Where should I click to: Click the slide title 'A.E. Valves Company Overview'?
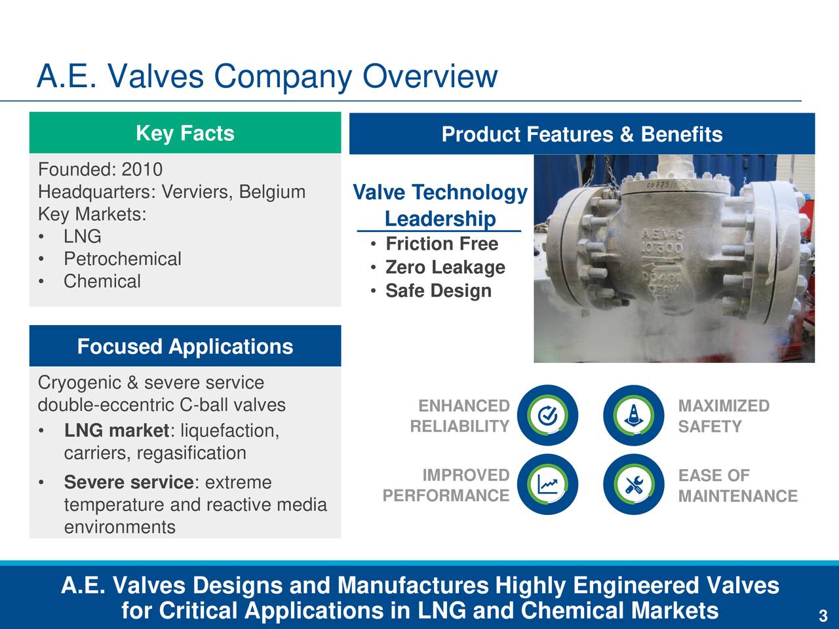(x=267, y=77)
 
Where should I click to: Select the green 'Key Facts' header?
(x=185, y=133)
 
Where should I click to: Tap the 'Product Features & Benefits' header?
(x=581, y=134)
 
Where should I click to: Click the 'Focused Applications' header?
(x=185, y=346)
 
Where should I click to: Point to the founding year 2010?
(x=142, y=170)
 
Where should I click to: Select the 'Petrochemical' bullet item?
(x=122, y=259)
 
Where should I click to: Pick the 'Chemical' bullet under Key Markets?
(x=102, y=281)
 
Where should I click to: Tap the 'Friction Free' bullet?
(x=441, y=244)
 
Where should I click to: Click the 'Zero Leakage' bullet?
(x=444, y=267)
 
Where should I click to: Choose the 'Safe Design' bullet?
(x=438, y=291)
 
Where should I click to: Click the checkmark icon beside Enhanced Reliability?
(x=547, y=415)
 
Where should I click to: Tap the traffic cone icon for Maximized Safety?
(x=634, y=415)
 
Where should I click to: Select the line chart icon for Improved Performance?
(x=547, y=485)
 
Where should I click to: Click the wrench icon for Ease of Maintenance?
(x=634, y=485)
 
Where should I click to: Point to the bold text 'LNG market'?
(x=116, y=430)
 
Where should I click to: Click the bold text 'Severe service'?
(x=128, y=482)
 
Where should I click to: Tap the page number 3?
(x=823, y=616)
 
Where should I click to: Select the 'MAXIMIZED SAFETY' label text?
(x=723, y=416)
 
